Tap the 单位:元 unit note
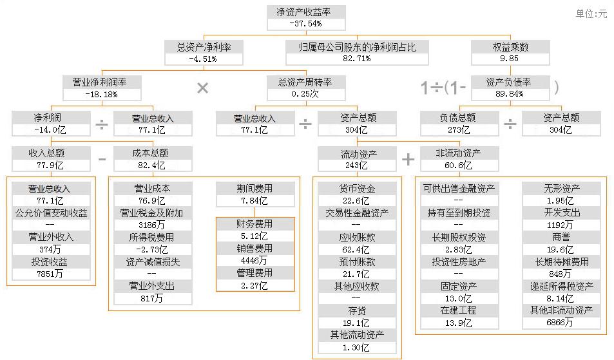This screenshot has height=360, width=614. point(591,14)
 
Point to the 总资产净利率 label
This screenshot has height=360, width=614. point(204,47)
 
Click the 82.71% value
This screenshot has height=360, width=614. point(357,59)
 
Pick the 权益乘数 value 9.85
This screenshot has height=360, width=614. point(510,59)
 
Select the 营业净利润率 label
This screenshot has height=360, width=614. point(103,82)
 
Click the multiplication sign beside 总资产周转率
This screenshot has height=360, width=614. point(202,88)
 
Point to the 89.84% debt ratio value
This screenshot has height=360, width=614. point(510,94)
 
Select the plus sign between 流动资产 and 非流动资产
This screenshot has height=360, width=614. point(408,159)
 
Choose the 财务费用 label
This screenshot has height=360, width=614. point(255,224)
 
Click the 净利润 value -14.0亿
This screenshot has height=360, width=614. point(51,129)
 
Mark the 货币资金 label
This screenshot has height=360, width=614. point(357,189)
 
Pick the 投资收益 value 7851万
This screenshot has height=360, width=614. point(51,274)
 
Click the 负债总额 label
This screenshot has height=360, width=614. point(459,118)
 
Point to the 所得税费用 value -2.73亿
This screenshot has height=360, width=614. point(153,249)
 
